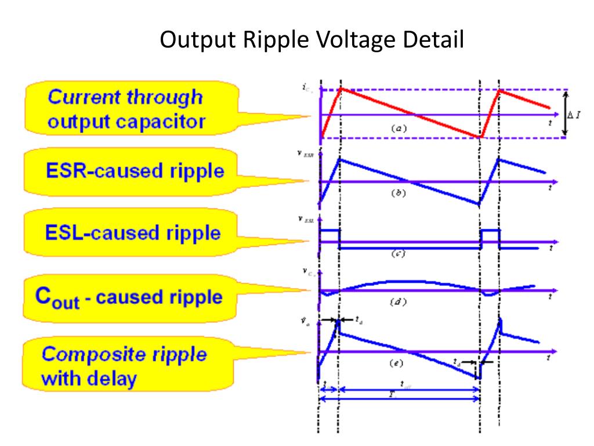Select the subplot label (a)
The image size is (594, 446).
point(399,129)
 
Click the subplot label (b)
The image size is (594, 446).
point(398,193)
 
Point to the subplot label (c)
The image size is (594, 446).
point(398,254)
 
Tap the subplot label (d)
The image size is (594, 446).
point(398,301)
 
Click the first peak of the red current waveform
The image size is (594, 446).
point(341,89)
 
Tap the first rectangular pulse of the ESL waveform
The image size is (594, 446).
point(329,231)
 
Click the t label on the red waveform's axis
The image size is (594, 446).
point(549,123)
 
